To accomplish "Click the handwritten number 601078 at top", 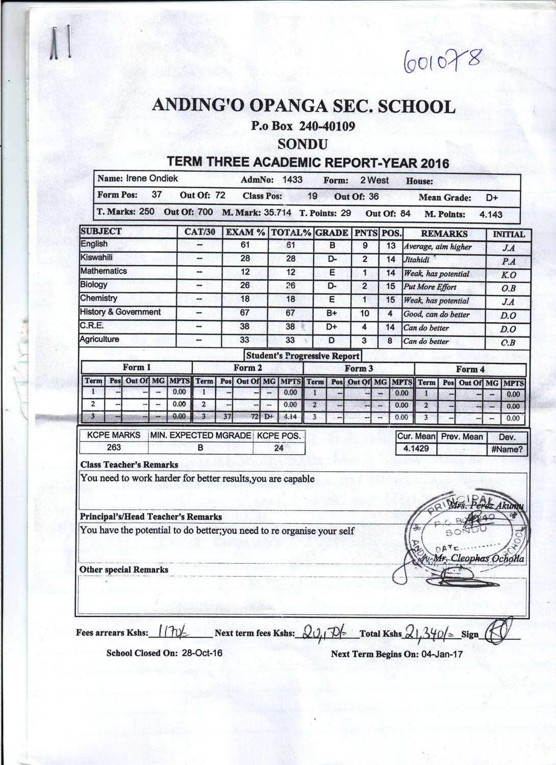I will point(442,63).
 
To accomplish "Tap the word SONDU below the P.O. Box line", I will point(302,144).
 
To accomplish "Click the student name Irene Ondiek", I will point(152,178).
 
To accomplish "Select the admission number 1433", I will point(292,180).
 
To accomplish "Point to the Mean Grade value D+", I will point(492,198).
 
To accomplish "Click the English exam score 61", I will point(245,245).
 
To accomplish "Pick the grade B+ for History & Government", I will point(332,314).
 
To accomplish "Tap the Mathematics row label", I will point(104,271).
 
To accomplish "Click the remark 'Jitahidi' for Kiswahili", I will point(417,260).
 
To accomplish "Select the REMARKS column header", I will point(444,234).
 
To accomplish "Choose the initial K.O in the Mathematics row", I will point(509,275).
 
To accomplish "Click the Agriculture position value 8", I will point(390,340).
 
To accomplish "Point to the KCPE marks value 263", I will point(114,447).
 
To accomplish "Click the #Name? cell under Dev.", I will point(507,450).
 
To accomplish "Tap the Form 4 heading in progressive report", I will point(470,369).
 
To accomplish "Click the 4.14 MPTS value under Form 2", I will point(290,417).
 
